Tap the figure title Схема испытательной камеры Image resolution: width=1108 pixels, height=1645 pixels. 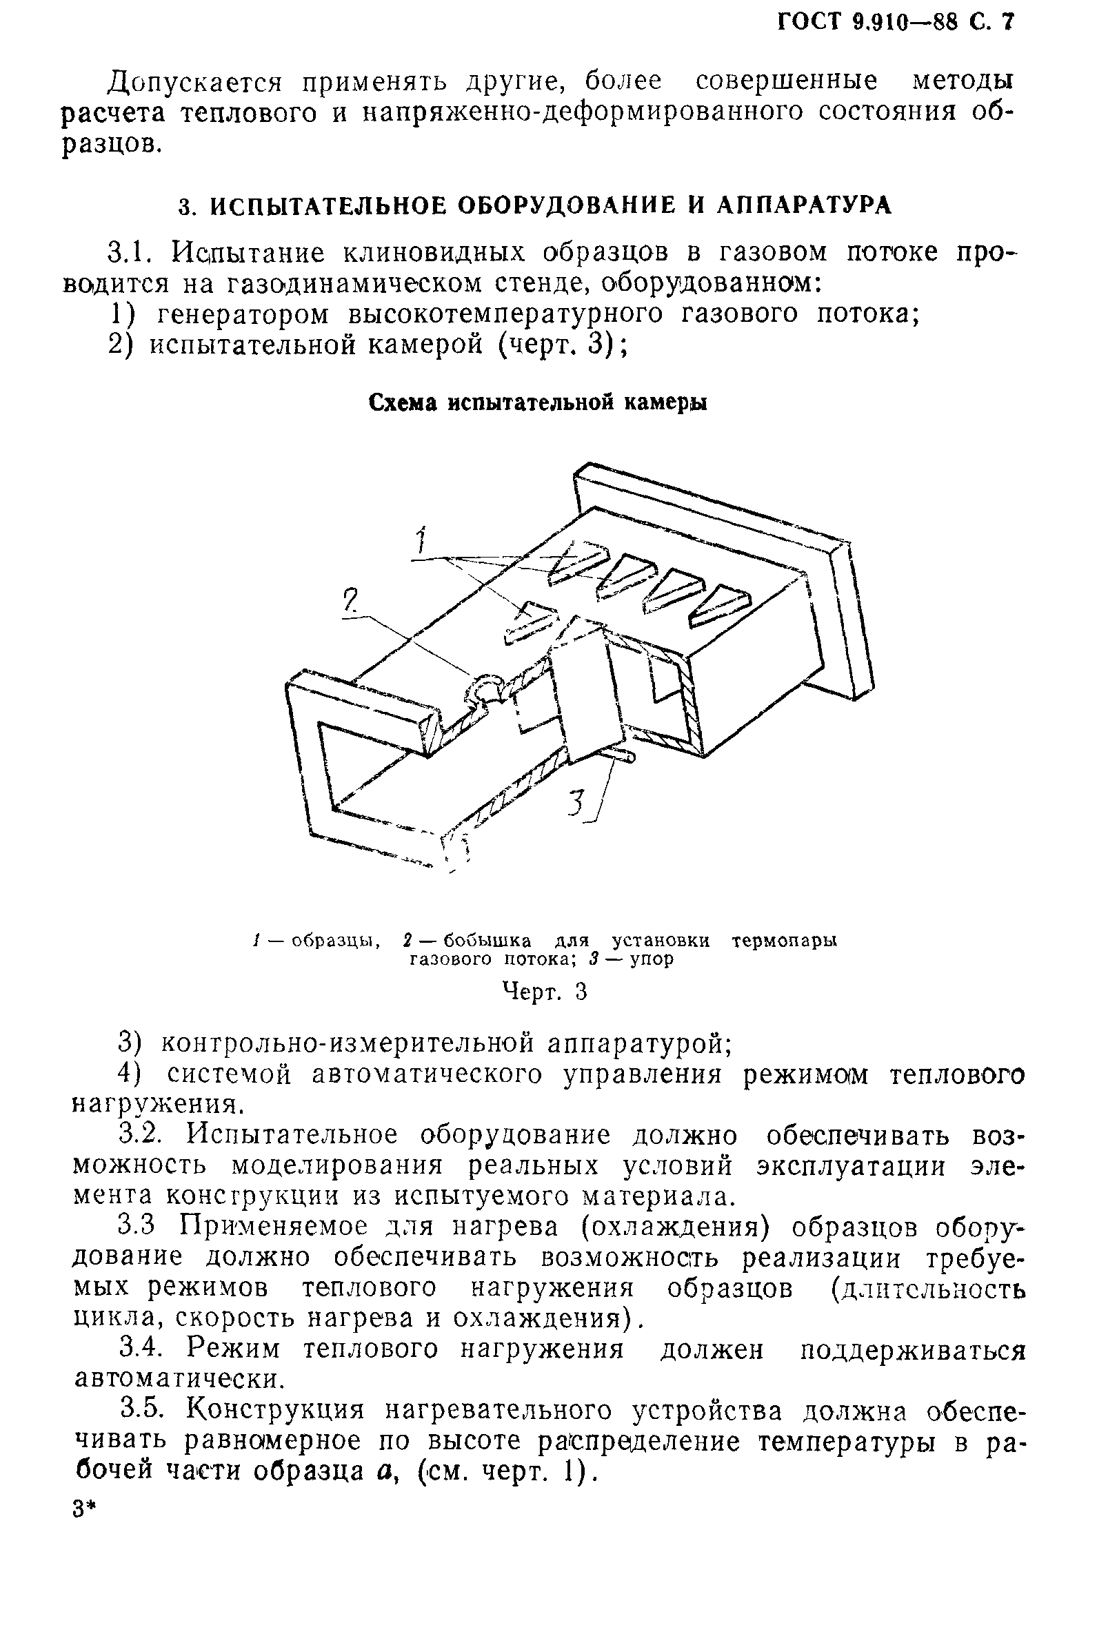coord(538,402)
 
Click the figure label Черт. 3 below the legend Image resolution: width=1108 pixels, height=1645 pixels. coord(544,992)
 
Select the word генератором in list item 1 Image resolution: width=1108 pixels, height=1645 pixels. coord(243,314)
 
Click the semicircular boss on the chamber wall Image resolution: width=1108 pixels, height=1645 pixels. coord(485,687)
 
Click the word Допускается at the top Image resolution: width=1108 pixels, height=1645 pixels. coord(194,83)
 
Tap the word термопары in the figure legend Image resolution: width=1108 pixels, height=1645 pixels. coord(784,941)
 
